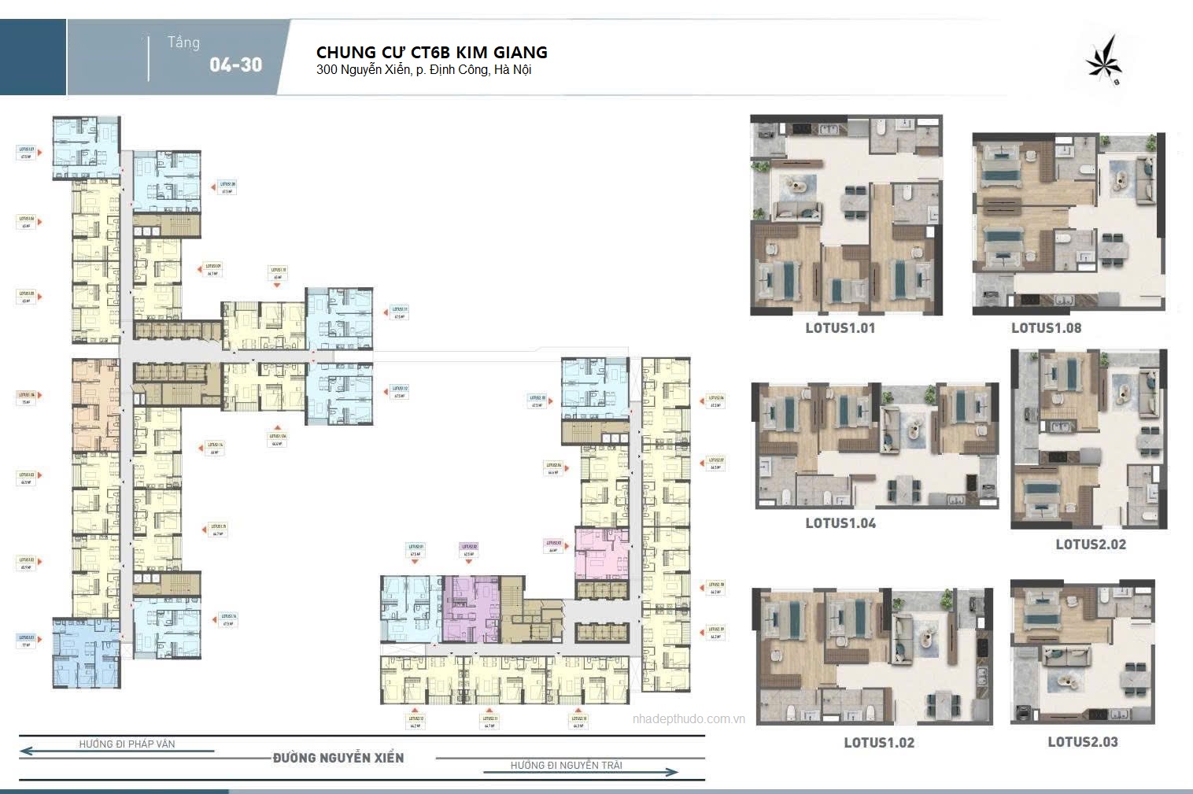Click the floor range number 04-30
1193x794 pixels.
pos(235,65)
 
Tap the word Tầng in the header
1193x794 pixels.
pos(183,42)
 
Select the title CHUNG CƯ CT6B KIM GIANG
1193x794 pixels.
pos(431,52)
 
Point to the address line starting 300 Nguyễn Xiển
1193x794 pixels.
pos(423,70)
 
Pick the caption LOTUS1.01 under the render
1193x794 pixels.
pos(840,328)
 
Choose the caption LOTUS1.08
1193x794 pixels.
pos(1046,328)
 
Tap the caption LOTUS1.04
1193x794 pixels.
pos(840,523)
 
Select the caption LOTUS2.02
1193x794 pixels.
pos(1090,545)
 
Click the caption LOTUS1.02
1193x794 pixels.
pos(879,743)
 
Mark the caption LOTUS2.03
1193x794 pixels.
pos(1082,742)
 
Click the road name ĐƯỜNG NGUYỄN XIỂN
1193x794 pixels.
pos(338,758)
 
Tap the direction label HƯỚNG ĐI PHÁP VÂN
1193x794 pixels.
pos(127,744)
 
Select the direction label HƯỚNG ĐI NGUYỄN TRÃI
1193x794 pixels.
pos(566,765)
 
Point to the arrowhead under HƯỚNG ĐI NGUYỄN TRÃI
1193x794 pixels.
pos(673,773)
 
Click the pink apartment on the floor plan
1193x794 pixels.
pos(601,554)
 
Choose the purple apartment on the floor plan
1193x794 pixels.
pos(470,608)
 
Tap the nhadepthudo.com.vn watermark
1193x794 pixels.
pos(689,718)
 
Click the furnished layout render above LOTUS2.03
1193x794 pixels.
pos(1082,652)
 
